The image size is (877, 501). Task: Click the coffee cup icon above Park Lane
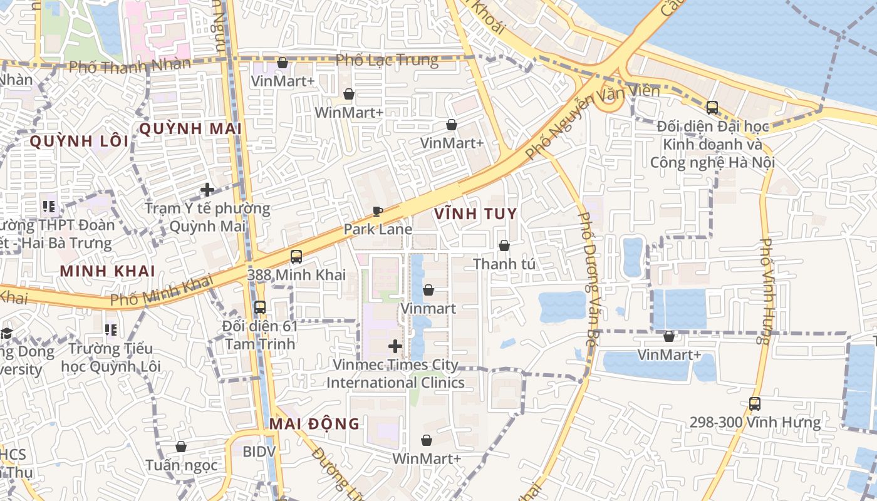click(x=377, y=211)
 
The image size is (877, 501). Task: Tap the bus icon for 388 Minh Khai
click(x=296, y=256)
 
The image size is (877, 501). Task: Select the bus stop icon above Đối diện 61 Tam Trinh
click(x=260, y=307)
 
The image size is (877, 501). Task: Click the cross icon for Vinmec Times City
click(x=395, y=346)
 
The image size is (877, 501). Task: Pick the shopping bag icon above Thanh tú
click(x=504, y=245)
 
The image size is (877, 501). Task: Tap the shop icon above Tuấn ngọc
click(x=181, y=447)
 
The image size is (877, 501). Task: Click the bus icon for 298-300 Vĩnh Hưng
click(x=755, y=404)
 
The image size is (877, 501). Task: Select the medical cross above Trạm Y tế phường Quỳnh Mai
click(x=207, y=189)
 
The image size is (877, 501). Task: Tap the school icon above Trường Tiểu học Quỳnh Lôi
click(x=112, y=329)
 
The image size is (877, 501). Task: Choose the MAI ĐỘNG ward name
click(x=314, y=424)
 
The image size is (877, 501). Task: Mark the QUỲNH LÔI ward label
click(x=79, y=141)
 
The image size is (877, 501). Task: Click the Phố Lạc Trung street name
click(x=387, y=60)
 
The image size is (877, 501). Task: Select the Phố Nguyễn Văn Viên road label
click(x=592, y=123)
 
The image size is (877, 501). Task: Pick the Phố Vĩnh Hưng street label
click(x=765, y=291)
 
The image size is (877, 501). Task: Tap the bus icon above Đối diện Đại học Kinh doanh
click(x=712, y=108)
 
